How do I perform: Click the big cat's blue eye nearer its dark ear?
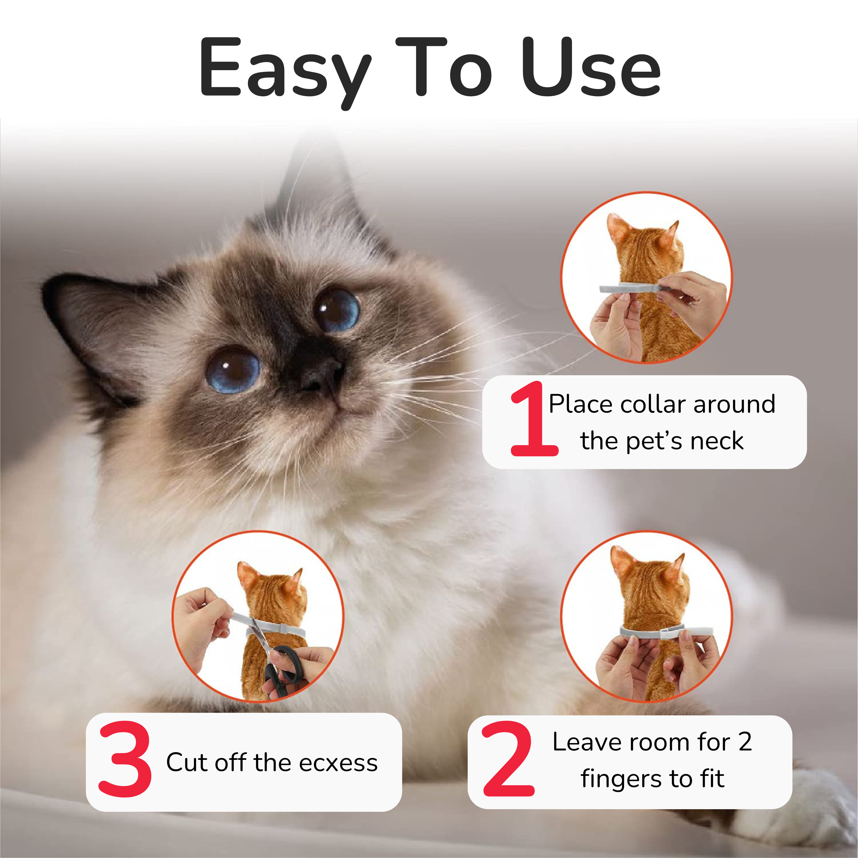click(x=233, y=370)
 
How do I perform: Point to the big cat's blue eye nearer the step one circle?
click(x=337, y=310)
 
